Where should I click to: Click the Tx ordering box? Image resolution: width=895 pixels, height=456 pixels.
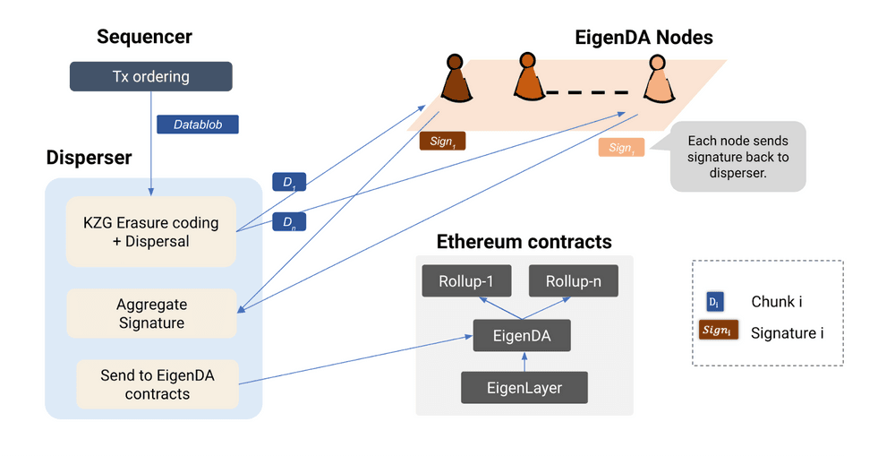click(x=150, y=76)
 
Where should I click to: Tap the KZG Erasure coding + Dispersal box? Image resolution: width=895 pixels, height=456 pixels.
click(x=150, y=231)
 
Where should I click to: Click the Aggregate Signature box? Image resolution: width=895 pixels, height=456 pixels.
click(x=151, y=314)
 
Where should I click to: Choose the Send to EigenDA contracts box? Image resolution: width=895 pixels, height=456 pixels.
click(x=157, y=383)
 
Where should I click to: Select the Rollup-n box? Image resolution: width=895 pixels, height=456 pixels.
click(x=573, y=281)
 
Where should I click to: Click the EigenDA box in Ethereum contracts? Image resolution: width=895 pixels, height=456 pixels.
click(x=522, y=336)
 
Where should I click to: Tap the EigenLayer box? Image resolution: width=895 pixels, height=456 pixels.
click(x=524, y=388)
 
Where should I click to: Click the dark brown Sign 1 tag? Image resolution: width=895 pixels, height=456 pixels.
click(x=442, y=141)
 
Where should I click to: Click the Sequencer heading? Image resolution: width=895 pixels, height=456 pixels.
click(x=144, y=37)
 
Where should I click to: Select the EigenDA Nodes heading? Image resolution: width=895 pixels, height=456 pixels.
click(x=644, y=37)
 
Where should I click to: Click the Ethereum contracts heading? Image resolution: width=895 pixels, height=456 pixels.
click(x=524, y=242)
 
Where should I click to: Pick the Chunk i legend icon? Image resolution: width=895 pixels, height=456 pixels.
click(x=715, y=302)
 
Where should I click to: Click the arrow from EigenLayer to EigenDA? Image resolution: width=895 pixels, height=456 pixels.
click(x=524, y=361)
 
